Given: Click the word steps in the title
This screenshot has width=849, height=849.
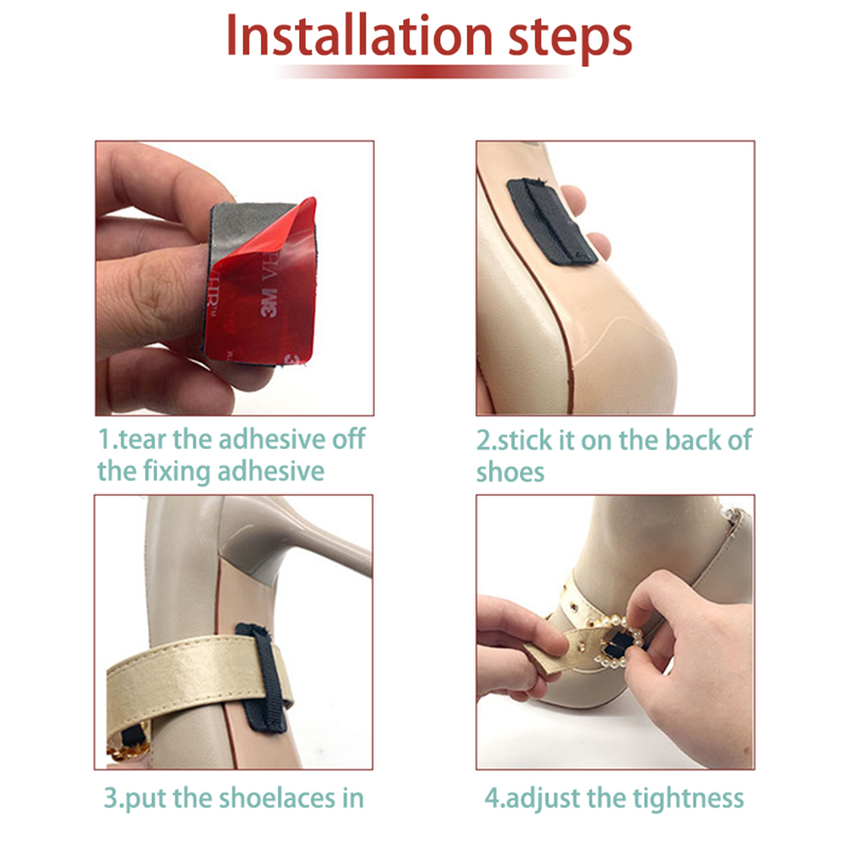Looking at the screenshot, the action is pyautogui.click(x=570, y=40).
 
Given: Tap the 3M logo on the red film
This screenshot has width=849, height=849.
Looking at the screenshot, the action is pyautogui.click(x=269, y=303).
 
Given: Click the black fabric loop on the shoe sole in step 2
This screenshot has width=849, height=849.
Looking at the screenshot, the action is pyautogui.click(x=552, y=222).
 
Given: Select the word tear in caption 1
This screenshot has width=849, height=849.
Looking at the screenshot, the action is pyautogui.click(x=143, y=439).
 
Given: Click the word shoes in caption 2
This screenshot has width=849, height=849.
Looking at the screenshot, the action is pyautogui.click(x=510, y=472).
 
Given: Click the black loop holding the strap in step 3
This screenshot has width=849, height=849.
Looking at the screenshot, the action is pyautogui.click(x=264, y=677).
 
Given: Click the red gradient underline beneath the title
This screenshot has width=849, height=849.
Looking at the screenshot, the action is pyautogui.click(x=425, y=71).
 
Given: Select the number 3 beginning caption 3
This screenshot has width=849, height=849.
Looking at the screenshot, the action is pyautogui.click(x=110, y=798).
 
